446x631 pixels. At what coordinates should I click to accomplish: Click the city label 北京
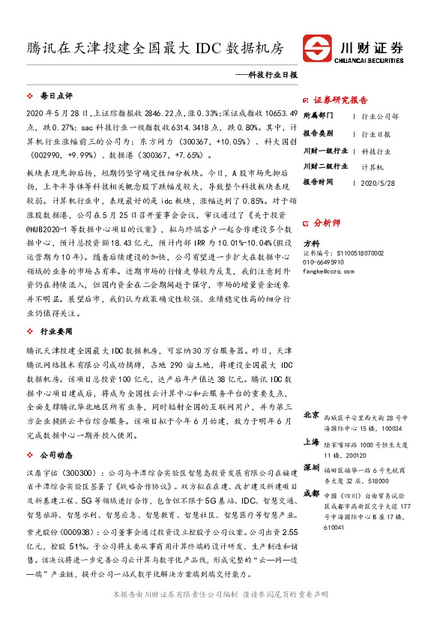311,414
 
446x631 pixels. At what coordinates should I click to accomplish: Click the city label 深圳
311,467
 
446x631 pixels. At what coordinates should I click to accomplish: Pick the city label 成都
311,493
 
